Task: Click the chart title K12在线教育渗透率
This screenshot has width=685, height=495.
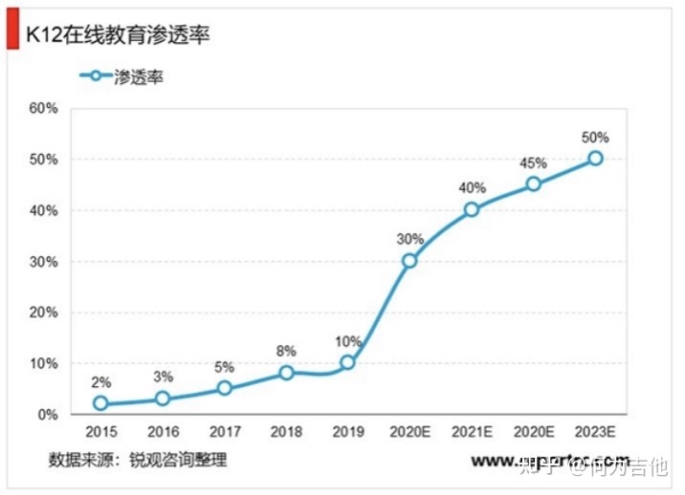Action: click(118, 36)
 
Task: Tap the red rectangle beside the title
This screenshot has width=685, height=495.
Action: click(12, 34)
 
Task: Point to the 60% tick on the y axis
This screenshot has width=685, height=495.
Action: click(44, 108)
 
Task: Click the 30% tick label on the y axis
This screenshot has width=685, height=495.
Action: click(44, 261)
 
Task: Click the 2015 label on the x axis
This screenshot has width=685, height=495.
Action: click(100, 433)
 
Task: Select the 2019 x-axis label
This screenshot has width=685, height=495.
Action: click(347, 433)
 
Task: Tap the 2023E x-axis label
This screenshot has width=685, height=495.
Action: click(595, 433)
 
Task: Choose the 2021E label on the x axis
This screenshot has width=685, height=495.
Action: click(472, 433)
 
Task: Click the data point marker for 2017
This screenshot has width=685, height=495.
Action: click(224, 388)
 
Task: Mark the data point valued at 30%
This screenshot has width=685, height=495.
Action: click(409, 261)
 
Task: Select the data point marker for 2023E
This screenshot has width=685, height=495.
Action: click(595, 159)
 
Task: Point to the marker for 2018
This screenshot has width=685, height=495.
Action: click(286, 373)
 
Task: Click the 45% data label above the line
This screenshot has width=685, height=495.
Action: click(533, 162)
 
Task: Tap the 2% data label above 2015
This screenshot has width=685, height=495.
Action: click(100, 382)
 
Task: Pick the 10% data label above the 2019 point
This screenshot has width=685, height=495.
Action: click(347, 341)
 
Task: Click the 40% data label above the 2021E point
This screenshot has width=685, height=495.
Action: click(472, 188)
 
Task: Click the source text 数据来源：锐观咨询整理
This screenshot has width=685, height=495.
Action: click(138, 461)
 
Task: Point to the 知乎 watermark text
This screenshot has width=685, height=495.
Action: click(541, 466)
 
